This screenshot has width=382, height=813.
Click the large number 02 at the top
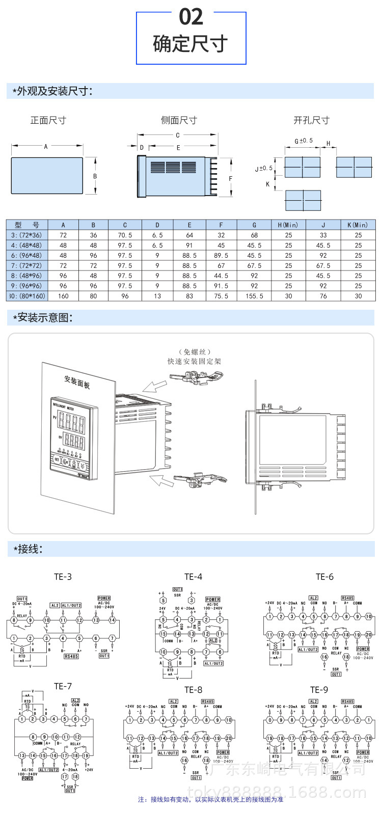(x=191, y=17)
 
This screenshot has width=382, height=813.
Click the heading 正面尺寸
(x=48, y=120)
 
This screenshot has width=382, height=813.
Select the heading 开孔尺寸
(x=311, y=120)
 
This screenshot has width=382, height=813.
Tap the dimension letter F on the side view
(x=231, y=179)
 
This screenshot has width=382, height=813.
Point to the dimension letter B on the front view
(x=95, y=176)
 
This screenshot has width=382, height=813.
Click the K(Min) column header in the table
(x=358, y=225)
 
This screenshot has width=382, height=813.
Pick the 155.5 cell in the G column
(x=254, y=296)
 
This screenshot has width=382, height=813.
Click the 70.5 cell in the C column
(x=125, y=235)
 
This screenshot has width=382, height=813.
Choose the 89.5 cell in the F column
(x=221, y=255)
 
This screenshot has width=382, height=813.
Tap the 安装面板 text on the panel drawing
(x=77, y=382)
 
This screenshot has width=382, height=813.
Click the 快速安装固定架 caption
(x=195, y=361)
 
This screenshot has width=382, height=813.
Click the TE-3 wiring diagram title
(x=63, y=577)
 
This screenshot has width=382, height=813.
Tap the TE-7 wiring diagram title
(x=63, y=686)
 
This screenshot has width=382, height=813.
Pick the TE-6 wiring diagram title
(x=324, y=577)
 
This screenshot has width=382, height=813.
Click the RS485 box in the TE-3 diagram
(x=71, y=656)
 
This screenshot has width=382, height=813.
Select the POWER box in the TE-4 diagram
(x=213, y=600)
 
